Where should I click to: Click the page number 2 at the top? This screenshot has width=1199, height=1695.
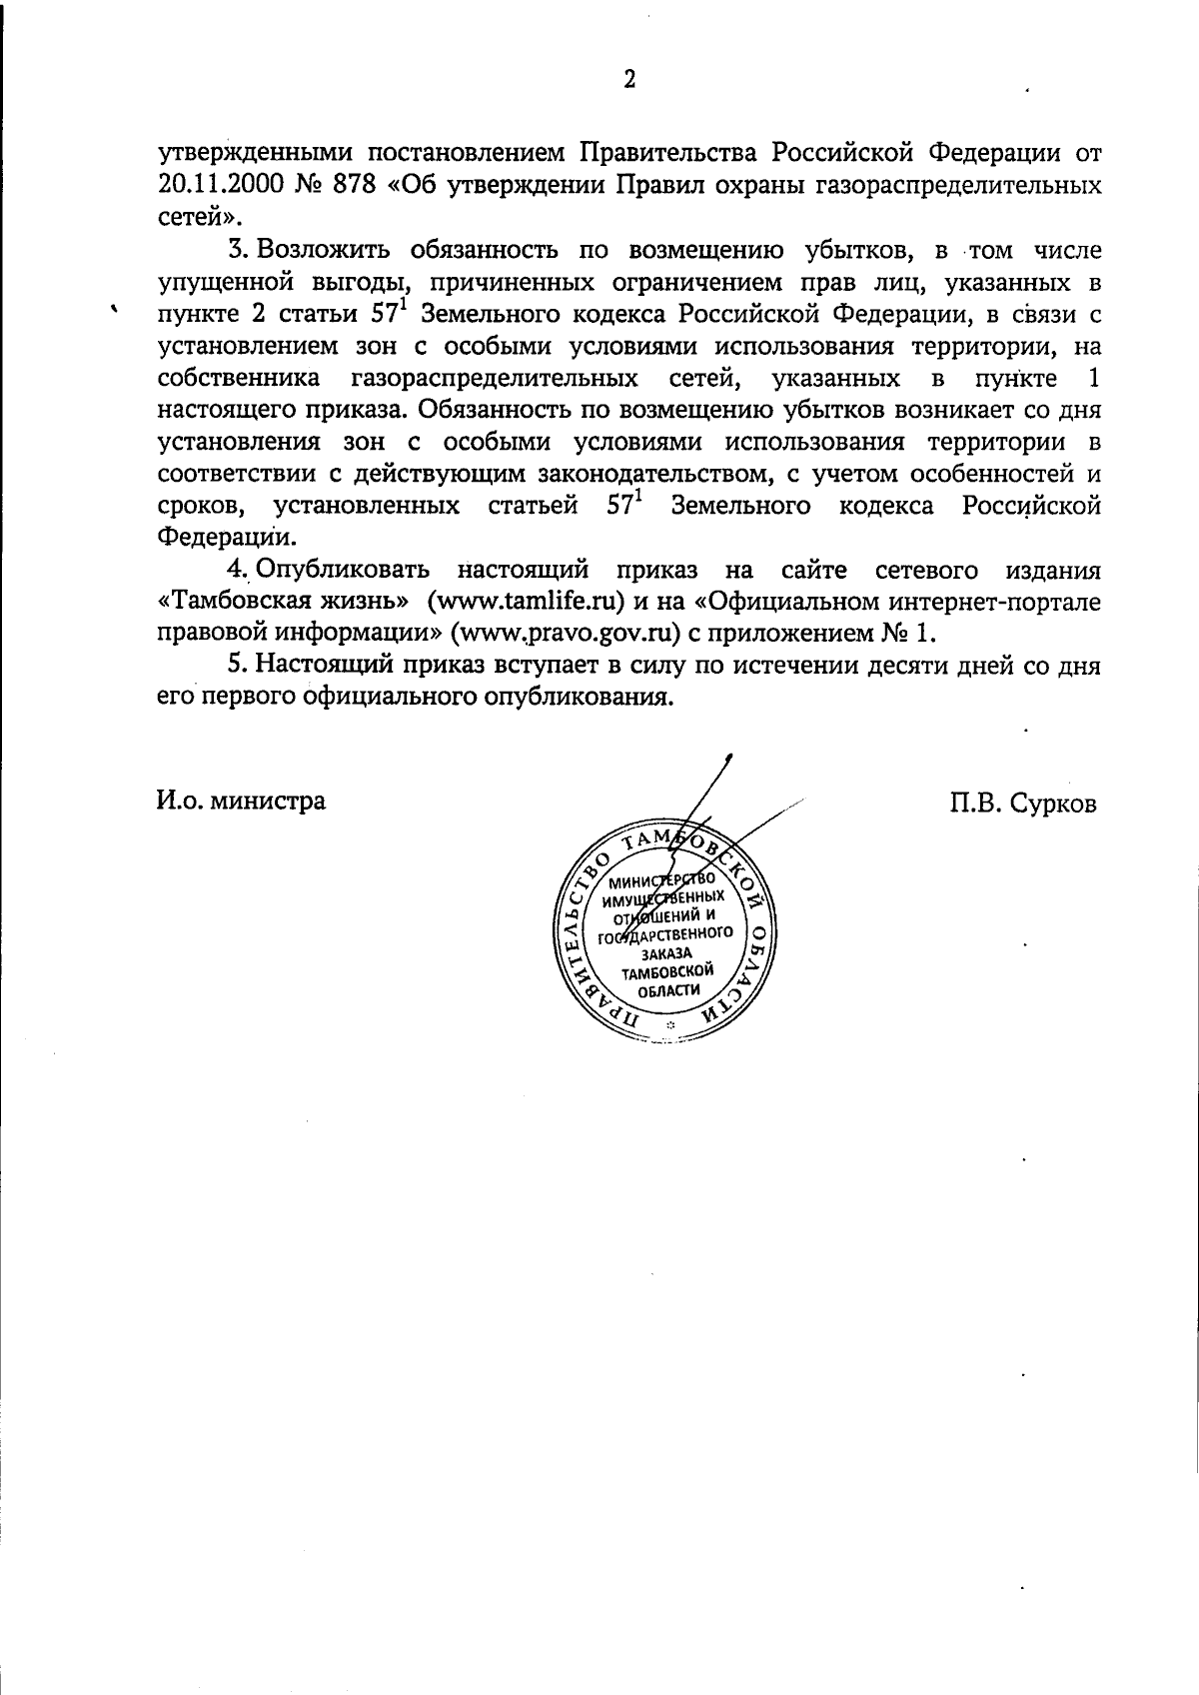click(628, 81)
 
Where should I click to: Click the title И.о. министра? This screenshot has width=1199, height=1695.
click(240, 801)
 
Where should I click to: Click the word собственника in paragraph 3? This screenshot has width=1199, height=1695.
click(239, 379)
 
